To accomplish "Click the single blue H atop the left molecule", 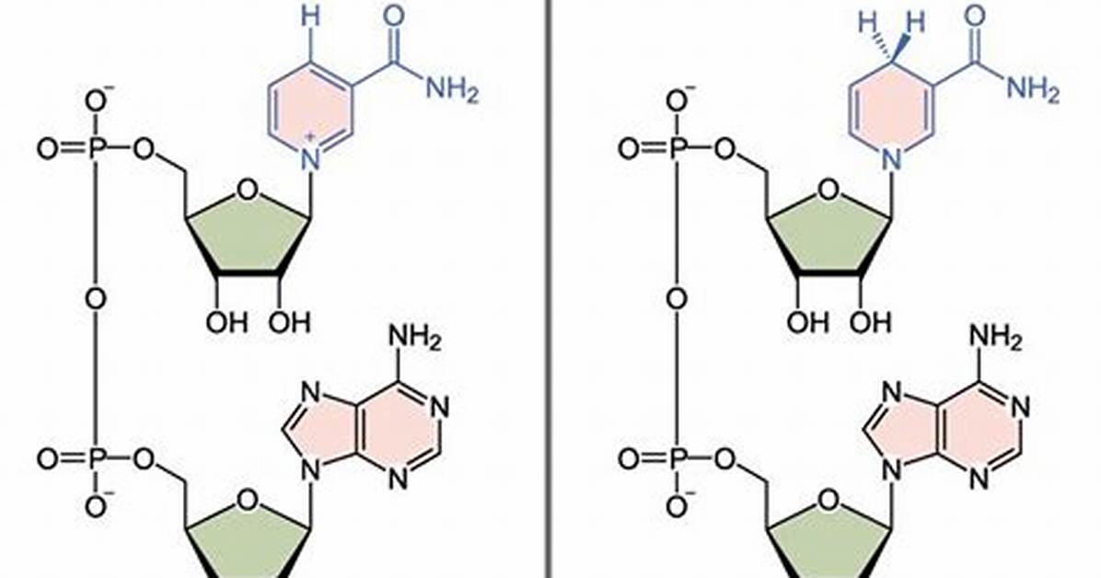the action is tap(310, 17).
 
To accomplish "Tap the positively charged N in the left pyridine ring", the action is tap(310, 159).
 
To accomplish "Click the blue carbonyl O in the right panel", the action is tap(975, 16).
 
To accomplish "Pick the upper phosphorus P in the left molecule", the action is tap(96, 149).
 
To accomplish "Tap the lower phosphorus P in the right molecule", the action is tap(677, 459).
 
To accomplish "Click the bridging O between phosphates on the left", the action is tap(96, 299).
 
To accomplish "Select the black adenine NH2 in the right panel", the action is tap(996, 339).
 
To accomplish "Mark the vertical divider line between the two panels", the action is tap(549, 289).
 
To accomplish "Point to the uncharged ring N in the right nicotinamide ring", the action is tap(892, 159).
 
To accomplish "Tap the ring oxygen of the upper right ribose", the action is tap(829, 190).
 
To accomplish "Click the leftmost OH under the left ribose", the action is tap(226, 322).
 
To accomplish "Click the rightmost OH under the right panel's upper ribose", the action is tap(870, 322).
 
